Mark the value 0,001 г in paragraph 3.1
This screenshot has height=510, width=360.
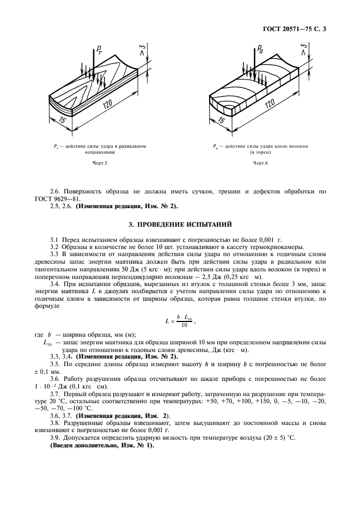[x=251, y=240]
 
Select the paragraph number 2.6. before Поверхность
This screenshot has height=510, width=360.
[x=55, y=192]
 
